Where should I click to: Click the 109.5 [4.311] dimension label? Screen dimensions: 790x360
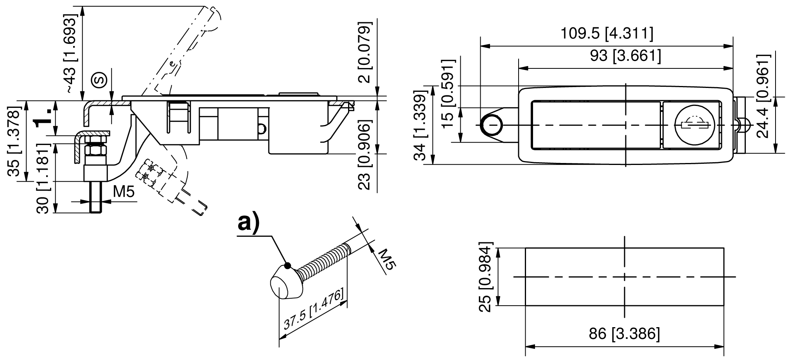tap(607, 34)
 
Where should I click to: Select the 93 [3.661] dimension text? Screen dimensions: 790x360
tap(626, 56)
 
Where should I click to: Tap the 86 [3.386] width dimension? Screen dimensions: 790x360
tap(624, 334)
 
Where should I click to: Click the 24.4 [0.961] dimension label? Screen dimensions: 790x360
tap(763, 96)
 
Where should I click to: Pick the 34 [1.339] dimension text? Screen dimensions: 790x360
tap(421, 128)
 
